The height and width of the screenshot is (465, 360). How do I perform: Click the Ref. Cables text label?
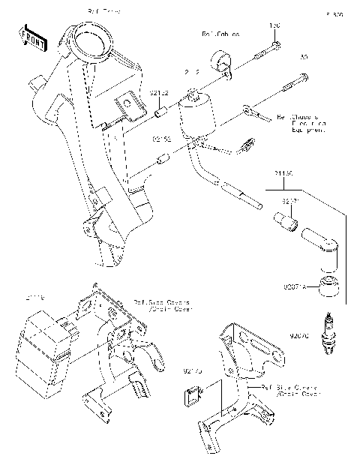click(x=219, y=34)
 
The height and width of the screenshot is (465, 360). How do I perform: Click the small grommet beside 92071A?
click(x=327, y=286)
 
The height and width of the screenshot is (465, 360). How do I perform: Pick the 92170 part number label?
click(x=193, y=370)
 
